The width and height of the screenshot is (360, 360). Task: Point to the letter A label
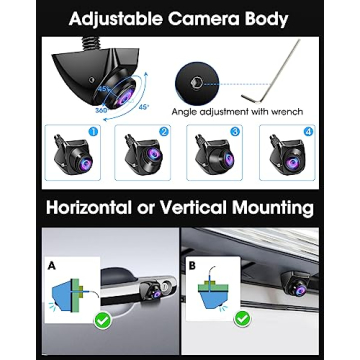[52, 267]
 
